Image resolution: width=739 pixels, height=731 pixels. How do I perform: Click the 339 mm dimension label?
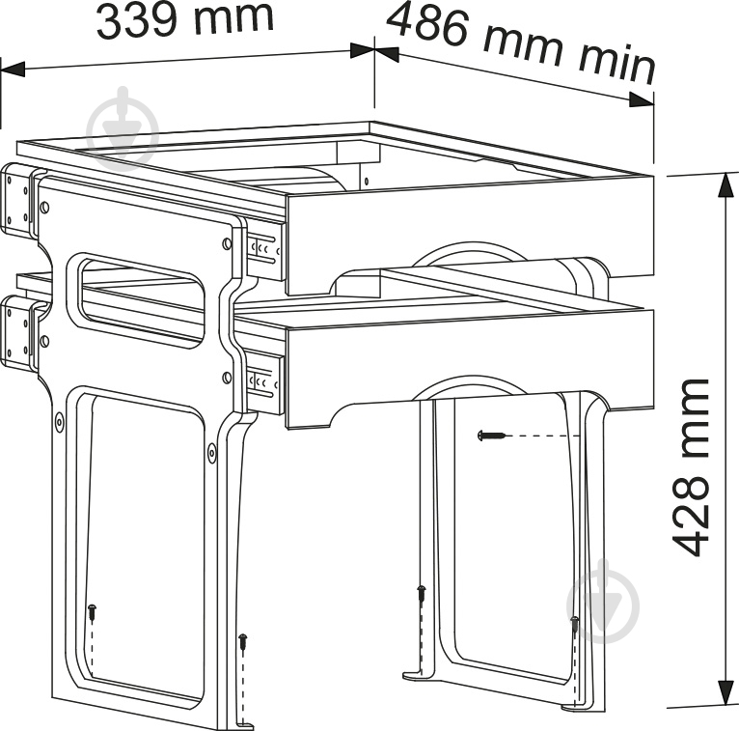tap(185, 21)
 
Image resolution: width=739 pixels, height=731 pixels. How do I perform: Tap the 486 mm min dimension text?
tap(521, 43)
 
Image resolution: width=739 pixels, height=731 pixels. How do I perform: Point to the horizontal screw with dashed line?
tap(491, 436)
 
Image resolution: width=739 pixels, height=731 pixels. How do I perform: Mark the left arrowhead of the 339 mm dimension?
tap(13, 69)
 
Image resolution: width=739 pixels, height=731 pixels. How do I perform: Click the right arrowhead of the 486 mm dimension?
tap(642, 100)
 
